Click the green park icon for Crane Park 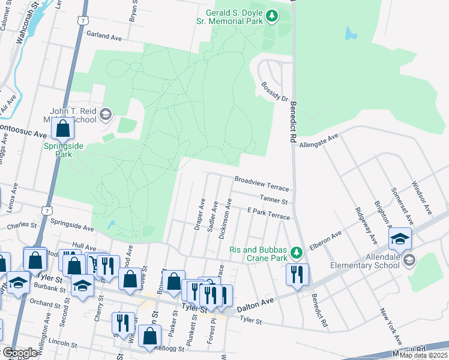[x=295, y=251]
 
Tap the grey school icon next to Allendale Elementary [x=409, y=259]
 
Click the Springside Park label [x=63, y=150]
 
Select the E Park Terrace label [x=268, y=214]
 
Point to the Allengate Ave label [x=319, y=142]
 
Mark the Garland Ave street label [x=104, y=37]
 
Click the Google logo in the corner [x=19, y=353]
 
